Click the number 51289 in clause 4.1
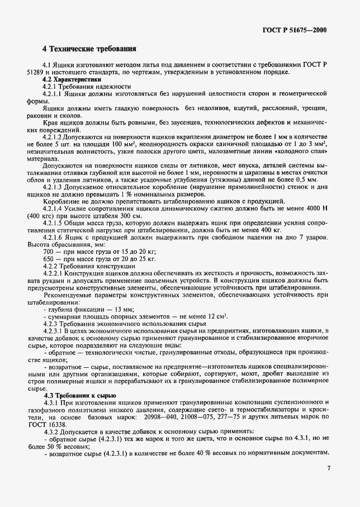[x=37, y=72]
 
